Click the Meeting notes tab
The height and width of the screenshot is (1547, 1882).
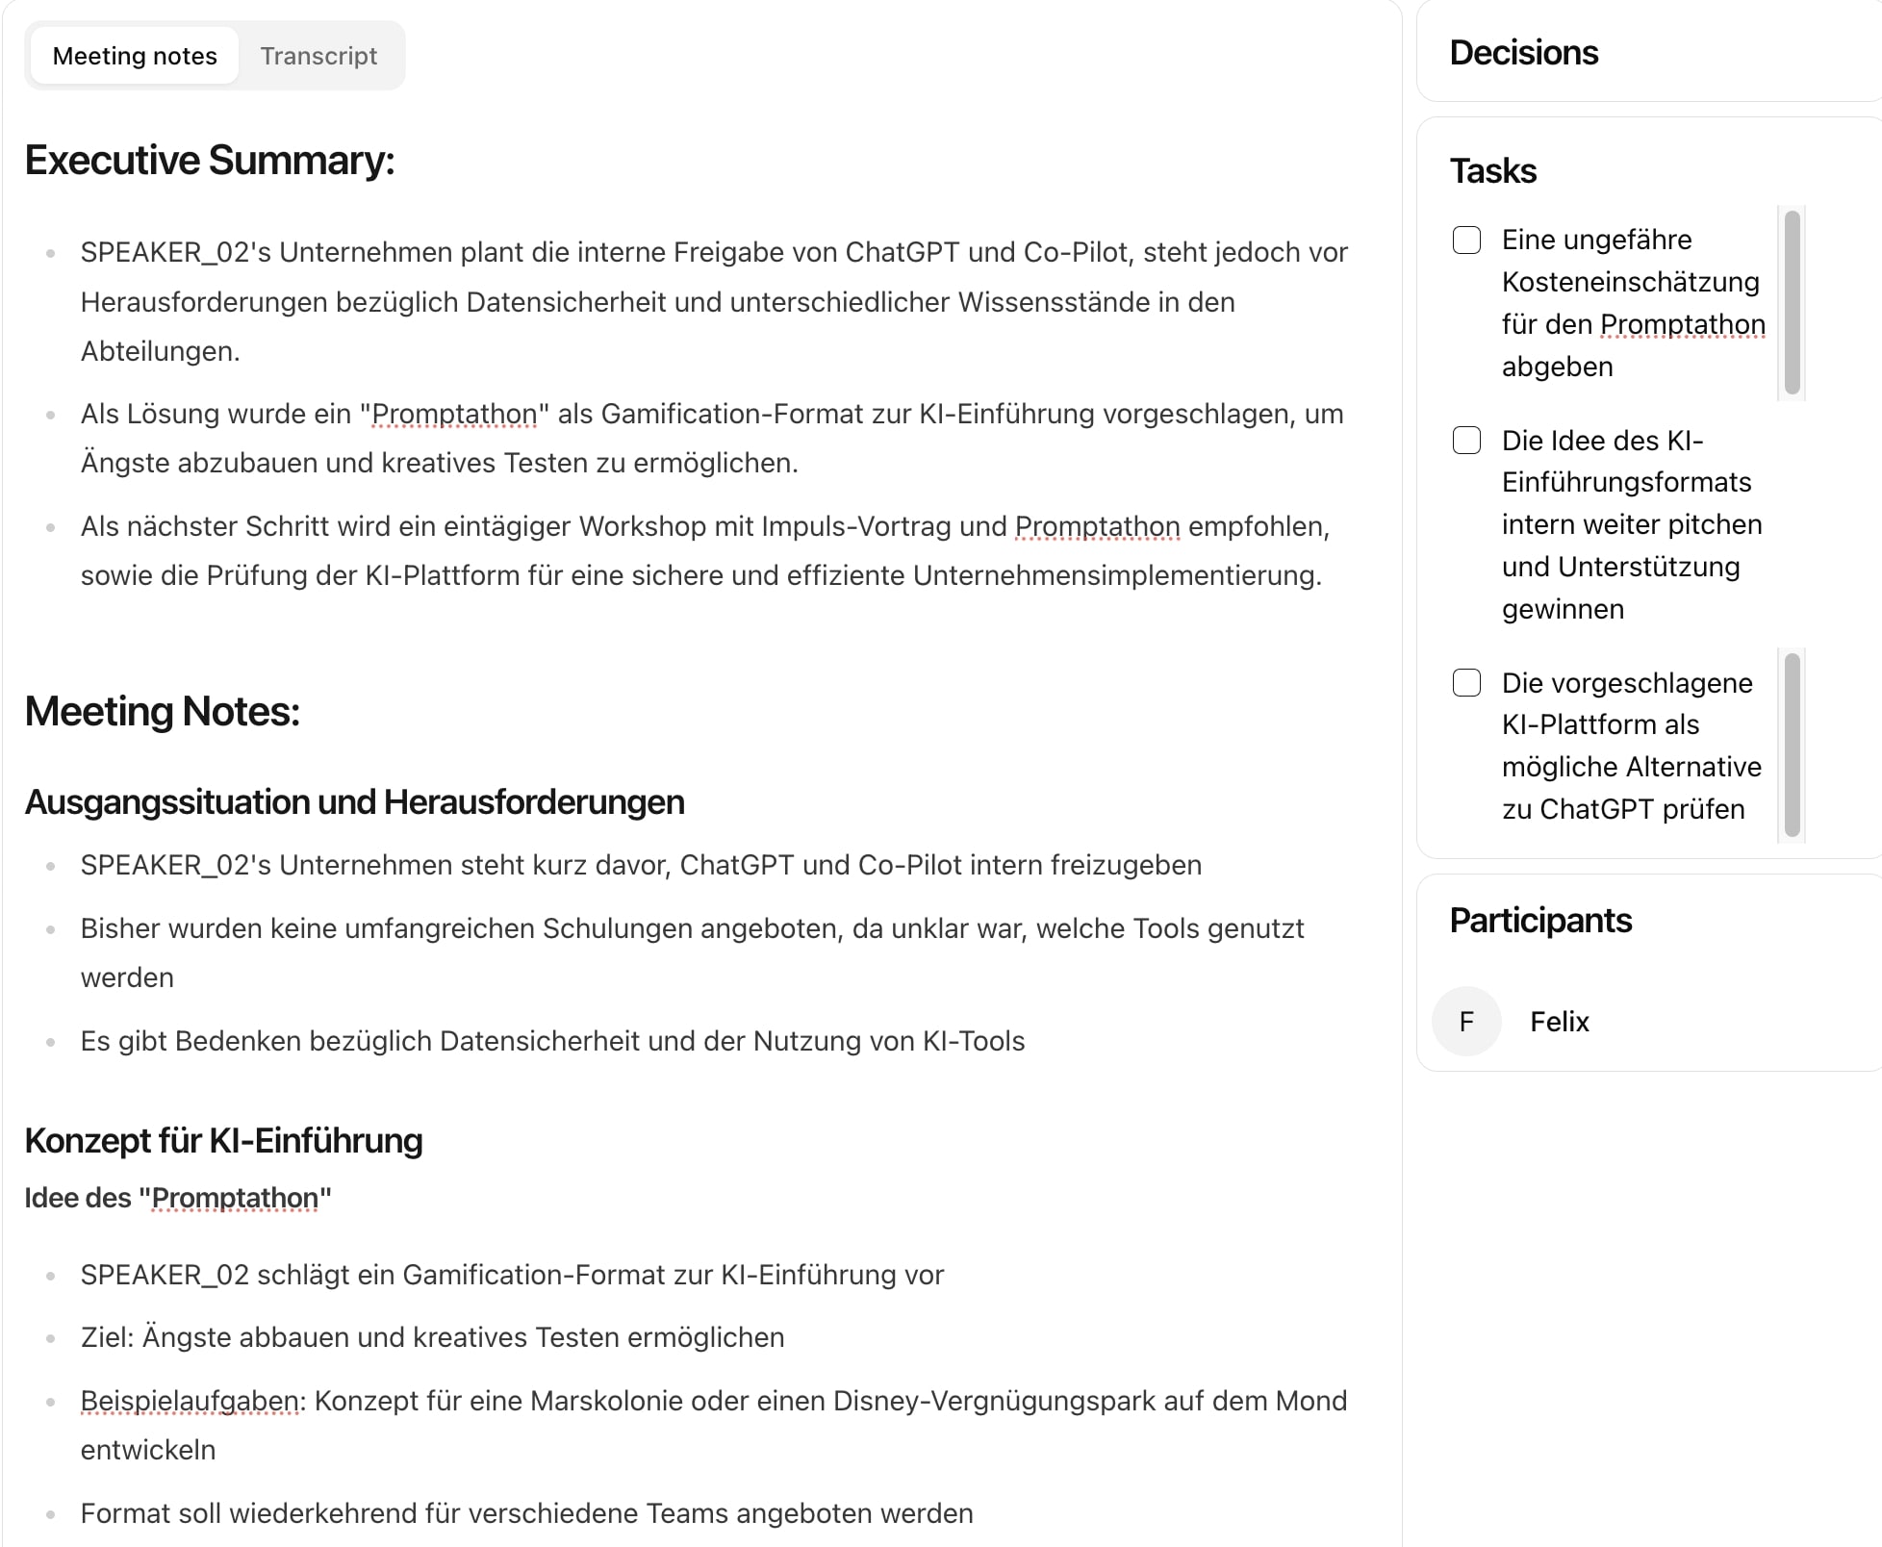tap(135, 56)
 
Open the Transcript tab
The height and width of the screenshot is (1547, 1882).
tap(318, 56)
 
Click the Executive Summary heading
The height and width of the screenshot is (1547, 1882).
tap(210, 160)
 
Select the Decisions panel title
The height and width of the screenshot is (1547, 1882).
tap(1523, 53)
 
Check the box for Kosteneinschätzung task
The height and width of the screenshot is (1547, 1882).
tap(1466, 240)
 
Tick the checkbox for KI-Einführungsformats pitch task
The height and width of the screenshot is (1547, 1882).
tap(1466, 441)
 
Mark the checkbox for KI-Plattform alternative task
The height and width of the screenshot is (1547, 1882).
tap(1466, 683)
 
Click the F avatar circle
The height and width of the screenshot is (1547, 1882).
tap(1466, 1022)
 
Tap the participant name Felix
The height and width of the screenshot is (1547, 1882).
tap(1560, 1022)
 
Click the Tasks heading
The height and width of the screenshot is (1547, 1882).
tap(1492, 171)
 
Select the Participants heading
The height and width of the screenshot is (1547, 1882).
tap(1540, 921)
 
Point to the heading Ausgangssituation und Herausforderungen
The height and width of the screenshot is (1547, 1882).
tap(354, 802)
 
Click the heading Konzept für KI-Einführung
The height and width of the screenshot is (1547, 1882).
tap(223, 1141)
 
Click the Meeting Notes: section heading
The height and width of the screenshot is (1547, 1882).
tap(162, 712)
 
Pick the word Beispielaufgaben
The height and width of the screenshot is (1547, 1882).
tap(191, 1401)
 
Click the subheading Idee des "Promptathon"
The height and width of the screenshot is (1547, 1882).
tap(178, 1198)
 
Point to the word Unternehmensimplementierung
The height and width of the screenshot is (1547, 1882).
tap(1116, 575)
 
